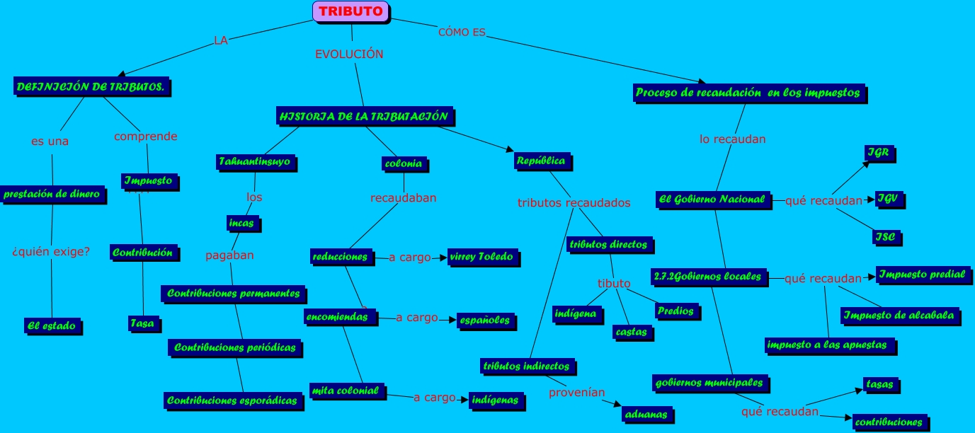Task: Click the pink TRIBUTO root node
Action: pos(350,11)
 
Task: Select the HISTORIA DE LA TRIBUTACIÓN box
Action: pos(364,116)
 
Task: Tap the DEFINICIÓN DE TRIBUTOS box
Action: pos(91,87)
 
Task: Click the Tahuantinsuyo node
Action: pos(254,162)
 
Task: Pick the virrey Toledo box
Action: pos(481,257)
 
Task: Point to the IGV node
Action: pos(887,200)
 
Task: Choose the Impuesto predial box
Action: pos(922,275)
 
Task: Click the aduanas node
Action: pos(646,415)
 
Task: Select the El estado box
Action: pos(52,325)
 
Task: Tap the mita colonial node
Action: pos(346,391)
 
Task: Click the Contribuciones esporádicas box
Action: pos(232,400)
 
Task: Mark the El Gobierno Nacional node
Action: pos(712,200)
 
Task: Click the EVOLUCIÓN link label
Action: pos(349,54)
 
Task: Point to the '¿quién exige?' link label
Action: pos(51,251)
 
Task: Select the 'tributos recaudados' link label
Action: pos(574,203)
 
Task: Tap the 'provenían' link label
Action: pos(577,392)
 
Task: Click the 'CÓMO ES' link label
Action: pos(462,32)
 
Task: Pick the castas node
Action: pos(631,331)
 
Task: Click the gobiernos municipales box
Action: pos(709,383)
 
